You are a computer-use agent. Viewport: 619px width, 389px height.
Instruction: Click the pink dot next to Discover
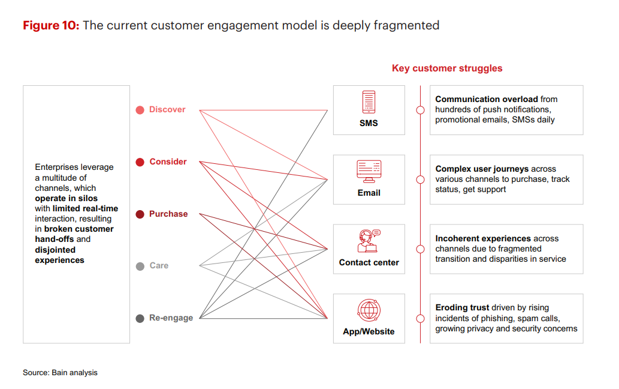click(x=140, y=110)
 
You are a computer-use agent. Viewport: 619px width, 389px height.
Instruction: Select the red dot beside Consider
click(x=140, y=162)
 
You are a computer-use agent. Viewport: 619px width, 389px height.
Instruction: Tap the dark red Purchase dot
click(x=140, y=214)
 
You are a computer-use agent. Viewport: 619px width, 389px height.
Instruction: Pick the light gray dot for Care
click(x=140, y=266)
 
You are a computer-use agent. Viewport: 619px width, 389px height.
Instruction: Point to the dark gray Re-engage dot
click(x=140, y=318)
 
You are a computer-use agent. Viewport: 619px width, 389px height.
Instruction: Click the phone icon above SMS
click(x=369, y=102)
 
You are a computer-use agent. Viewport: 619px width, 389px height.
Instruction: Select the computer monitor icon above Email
click(x=369, y=172)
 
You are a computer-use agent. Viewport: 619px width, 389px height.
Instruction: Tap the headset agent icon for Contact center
click(x=369, y=241)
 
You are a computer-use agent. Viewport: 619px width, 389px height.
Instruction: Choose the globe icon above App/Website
click(x=369, y=310)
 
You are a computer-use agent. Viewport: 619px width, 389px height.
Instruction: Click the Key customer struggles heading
click(x=447, y=68)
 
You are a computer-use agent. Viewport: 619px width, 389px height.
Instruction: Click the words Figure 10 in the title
click(x=51, y=25)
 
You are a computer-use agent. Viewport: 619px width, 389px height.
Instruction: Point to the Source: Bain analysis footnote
click(x=60, y=372)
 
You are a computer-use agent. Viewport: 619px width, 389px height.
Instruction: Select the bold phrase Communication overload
click(x=487, y=99)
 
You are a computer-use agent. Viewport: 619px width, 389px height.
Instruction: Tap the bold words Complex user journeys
click(x=482, y=169)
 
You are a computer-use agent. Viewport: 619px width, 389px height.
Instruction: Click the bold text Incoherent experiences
click(x=483, y=238)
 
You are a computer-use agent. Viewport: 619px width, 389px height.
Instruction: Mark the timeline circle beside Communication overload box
click(x=421, y=110)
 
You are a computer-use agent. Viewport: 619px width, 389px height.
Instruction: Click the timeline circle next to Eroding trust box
click(x=421, y=318)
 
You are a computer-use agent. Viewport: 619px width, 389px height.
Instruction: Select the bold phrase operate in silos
click(x=66, y=199)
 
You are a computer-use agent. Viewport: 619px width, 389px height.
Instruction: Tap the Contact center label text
click(x=369, y=262)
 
